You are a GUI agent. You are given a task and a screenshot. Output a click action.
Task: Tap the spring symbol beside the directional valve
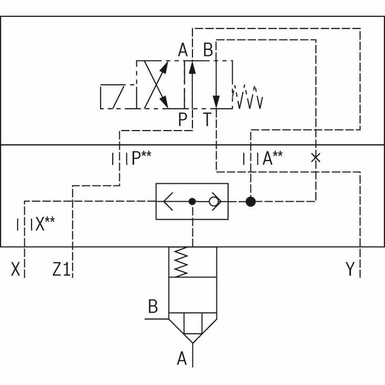[x=248, y=97]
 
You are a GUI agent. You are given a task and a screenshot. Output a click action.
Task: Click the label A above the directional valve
[x=183, y=50]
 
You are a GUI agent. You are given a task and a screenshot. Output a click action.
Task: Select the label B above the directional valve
[x=208, y=50]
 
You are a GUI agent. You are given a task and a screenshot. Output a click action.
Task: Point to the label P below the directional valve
[x=183, y=120]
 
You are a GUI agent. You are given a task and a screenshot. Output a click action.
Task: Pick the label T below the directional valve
[x=208, y=120]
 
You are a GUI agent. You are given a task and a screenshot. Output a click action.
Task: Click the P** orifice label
[x=142, y=158]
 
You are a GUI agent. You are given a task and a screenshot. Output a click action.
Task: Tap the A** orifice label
[x=273, y=158]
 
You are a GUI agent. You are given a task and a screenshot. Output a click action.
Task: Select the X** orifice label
[x=45, y=223]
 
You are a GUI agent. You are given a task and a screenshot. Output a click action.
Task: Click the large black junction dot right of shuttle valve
[x=251, y=201]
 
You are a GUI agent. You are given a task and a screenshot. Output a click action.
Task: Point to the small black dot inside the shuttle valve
[x=192, y=201]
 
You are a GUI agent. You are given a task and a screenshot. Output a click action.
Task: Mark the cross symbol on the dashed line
[x=316, y=158]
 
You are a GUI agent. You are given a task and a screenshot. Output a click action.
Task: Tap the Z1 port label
[x=61, y=269]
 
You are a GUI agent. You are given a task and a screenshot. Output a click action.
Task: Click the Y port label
[x=350, y=269]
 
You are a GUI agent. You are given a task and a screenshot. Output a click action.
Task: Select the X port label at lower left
[x=15, y=269]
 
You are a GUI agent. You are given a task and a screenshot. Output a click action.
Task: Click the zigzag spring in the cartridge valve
[x=181, y=262]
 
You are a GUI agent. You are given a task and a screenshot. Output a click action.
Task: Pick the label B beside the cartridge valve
[x=153, y=306]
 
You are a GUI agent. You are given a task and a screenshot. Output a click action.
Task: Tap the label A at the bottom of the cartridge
[x=181, y=358]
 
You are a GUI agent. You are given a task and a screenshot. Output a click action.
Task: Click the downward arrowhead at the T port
[x=216, y=102]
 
